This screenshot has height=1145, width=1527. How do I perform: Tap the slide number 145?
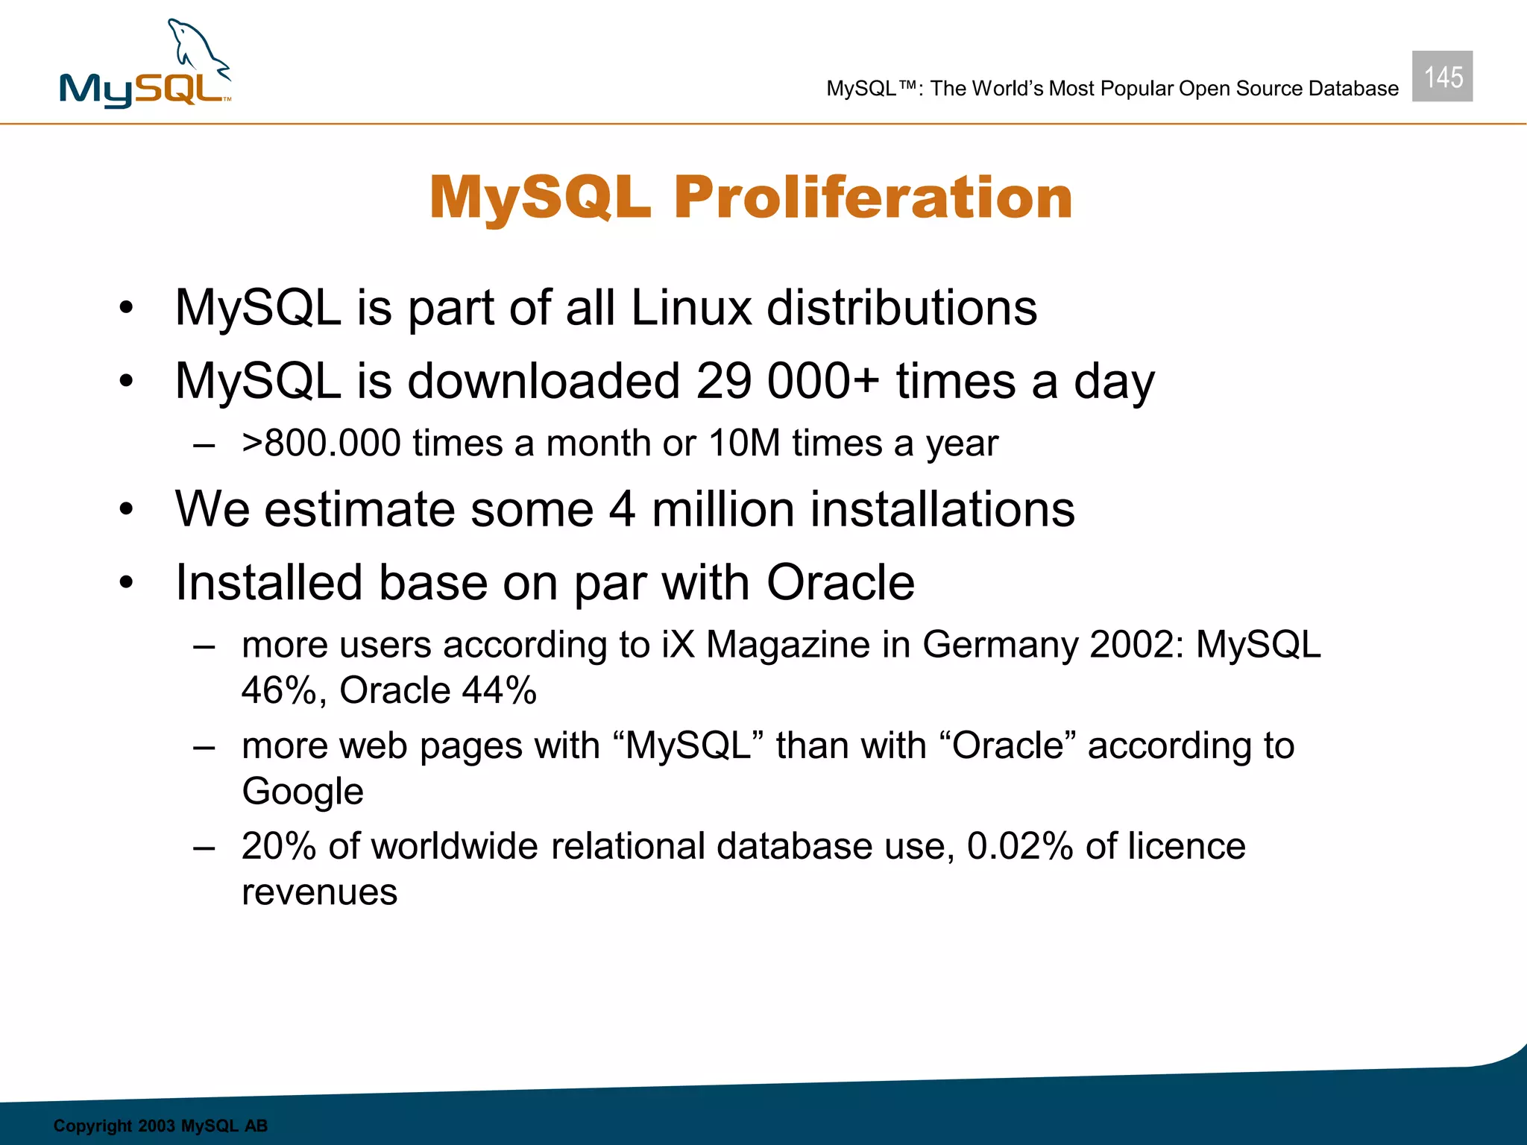click(1442, 77)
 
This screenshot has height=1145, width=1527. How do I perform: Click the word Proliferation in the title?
click(873, 198)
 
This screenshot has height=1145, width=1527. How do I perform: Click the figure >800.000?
click(321, 444)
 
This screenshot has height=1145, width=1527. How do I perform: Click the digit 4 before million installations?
click(622, 509)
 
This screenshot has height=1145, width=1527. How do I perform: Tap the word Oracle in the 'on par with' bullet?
click(840, 582)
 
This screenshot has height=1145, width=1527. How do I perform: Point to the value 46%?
click(279, 690)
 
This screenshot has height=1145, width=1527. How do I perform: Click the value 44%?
click(499, 690)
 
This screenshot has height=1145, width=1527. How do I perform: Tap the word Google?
click(303, 792)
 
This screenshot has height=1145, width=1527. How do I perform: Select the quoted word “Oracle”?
click(1007, 745)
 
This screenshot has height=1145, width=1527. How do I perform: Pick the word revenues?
click(320, 892)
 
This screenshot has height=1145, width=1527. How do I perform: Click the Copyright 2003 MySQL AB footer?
click(160, 1126)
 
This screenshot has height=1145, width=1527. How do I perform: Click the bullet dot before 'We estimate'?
click(126, 510)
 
